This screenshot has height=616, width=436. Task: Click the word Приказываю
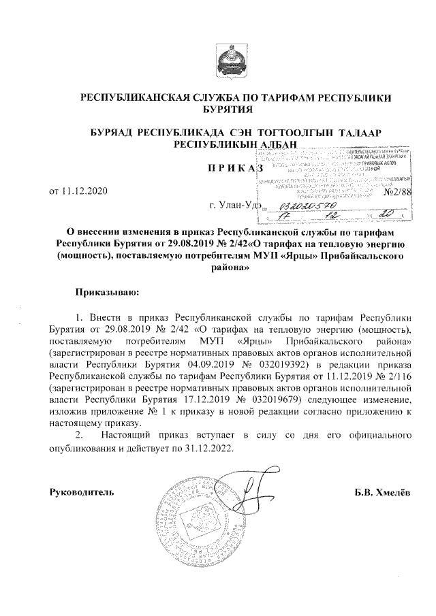tap(107, 292)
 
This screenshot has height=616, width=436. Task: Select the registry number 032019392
tap(286, 364)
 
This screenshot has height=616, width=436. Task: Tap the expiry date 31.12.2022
tap(207, 450)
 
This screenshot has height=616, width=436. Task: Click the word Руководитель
tap(82, 491)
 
